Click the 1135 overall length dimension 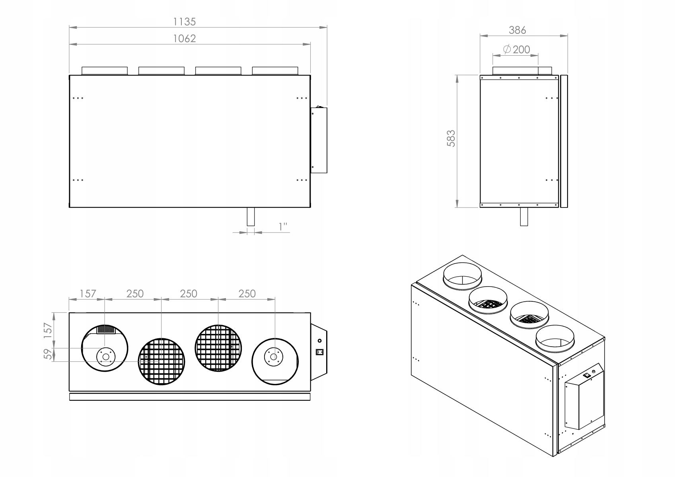click(185, 21)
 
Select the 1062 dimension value click(185, 39)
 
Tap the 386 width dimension click(517, 30)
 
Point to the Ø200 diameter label click(517, 49)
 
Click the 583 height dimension click(451, 138)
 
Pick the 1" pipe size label click(283, 227)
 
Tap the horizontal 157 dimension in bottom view click(88, 293)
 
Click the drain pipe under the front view click(251, 217)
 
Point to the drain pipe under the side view click(524, 217)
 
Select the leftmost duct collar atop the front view click(105, 71)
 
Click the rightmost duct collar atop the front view click(275, 71)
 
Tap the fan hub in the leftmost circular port click(105, 357)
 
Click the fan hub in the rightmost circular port click(273, 357)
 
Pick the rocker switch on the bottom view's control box click(319, 351)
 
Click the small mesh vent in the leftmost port click(106, 330)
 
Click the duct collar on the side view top click(522, 71)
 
